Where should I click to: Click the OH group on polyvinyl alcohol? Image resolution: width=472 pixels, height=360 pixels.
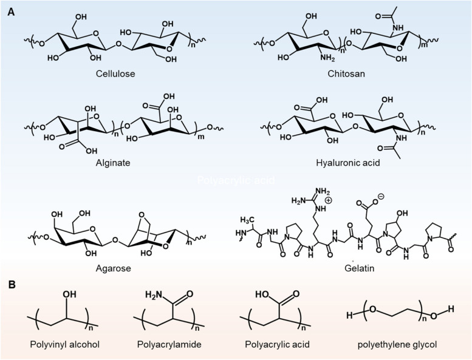[72, 296]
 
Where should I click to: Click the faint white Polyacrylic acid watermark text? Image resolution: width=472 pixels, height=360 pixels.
[236, 180]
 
